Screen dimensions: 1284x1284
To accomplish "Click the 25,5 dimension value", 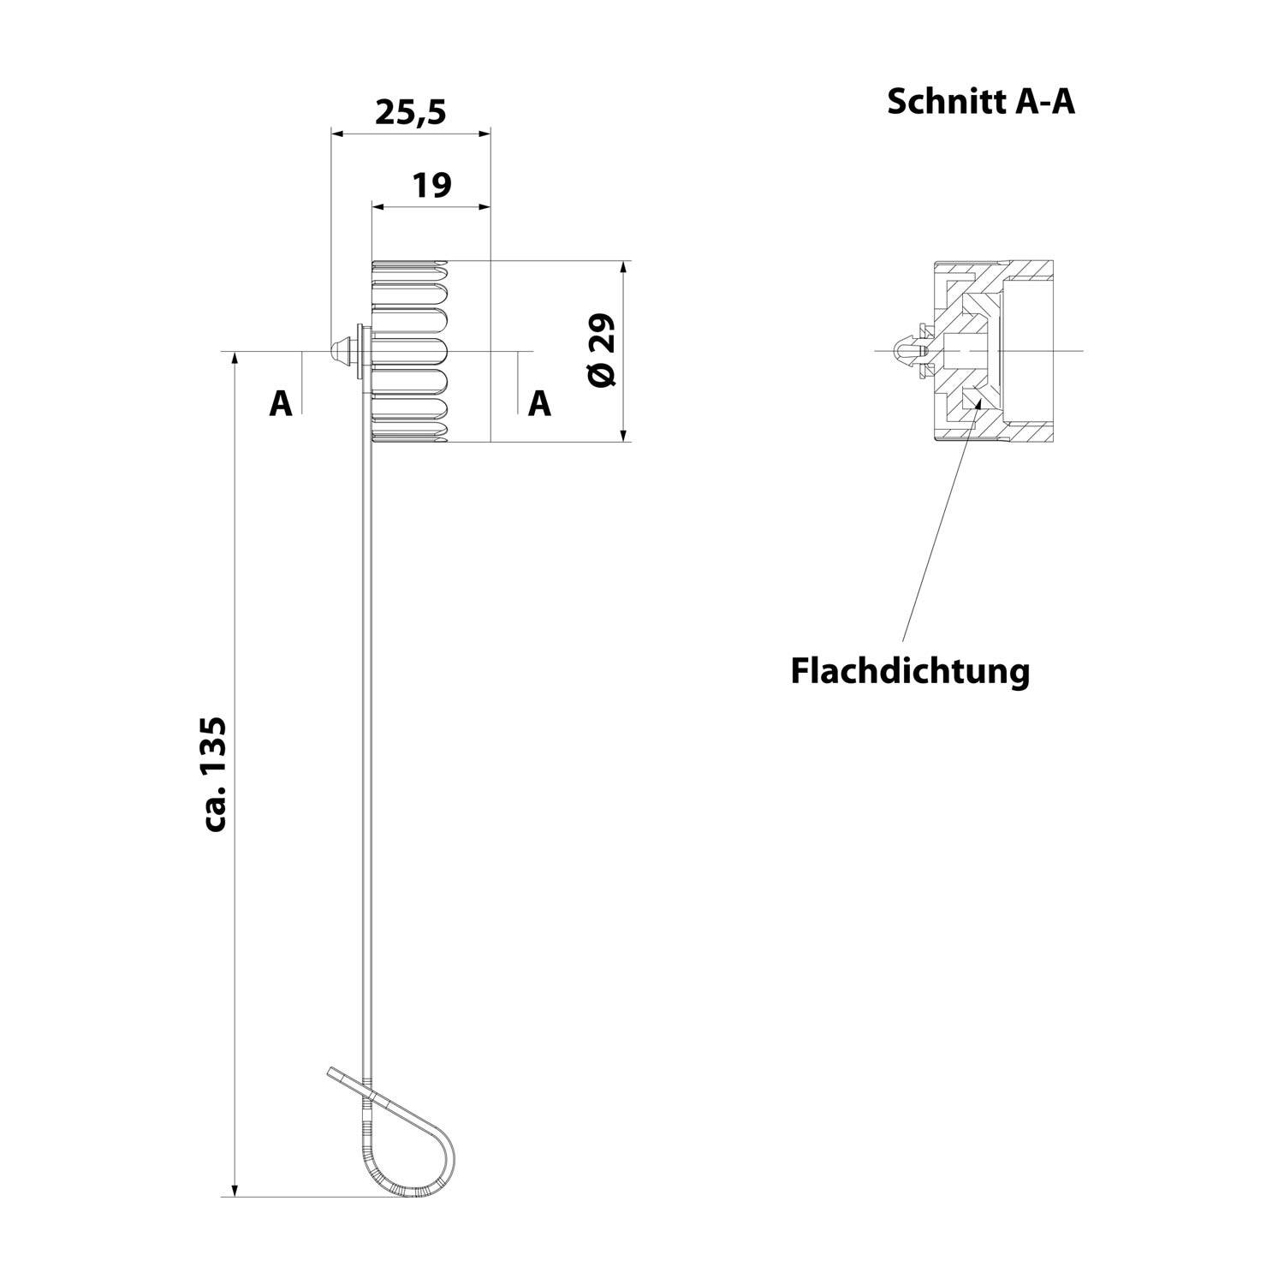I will coord(411,112).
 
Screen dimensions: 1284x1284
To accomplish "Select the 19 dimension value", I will coord(431,185).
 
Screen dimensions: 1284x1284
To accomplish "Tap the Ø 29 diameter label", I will coord(603,350).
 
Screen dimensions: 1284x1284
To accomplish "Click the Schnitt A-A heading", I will coord(980,102).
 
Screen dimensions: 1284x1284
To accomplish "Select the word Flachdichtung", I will coord(909,670).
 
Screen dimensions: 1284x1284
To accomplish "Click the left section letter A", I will coord(281,402).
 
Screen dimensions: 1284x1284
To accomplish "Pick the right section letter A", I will coord(539,402).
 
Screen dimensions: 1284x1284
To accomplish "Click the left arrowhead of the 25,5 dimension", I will coord(336,134).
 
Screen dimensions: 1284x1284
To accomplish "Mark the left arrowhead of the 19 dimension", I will coord(377,206).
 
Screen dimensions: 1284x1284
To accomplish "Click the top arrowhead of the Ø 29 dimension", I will coord(624,266).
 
